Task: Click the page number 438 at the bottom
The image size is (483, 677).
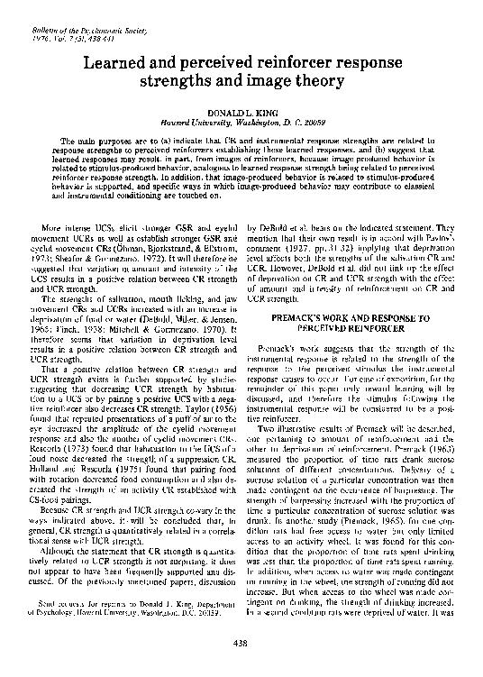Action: point(241,642)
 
